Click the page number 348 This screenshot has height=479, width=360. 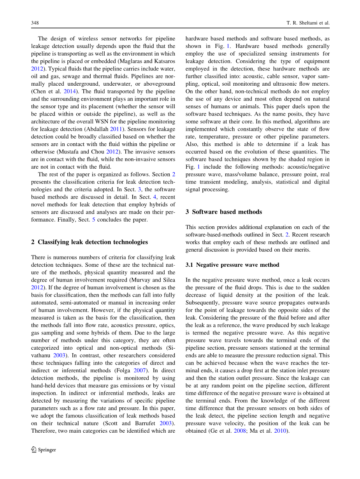[35, 23]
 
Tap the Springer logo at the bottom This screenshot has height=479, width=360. [44, 450]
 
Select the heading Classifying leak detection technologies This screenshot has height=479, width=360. [93, 242]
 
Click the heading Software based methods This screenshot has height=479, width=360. [227, 212]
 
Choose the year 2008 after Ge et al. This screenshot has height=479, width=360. [240, 431]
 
